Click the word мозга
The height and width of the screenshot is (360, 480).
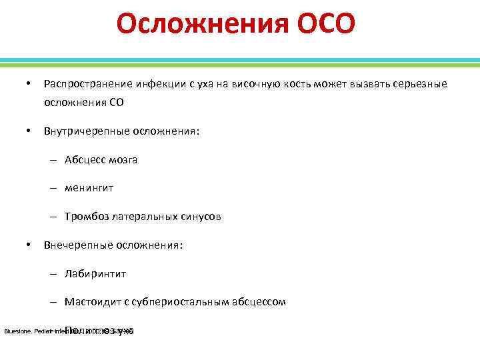coord(124,160)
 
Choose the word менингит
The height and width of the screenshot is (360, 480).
coord(89,188)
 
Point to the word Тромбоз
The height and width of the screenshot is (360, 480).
coord(86,217)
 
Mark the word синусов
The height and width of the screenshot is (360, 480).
coord(201,217)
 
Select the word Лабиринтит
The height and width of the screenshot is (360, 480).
coord(95,273)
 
